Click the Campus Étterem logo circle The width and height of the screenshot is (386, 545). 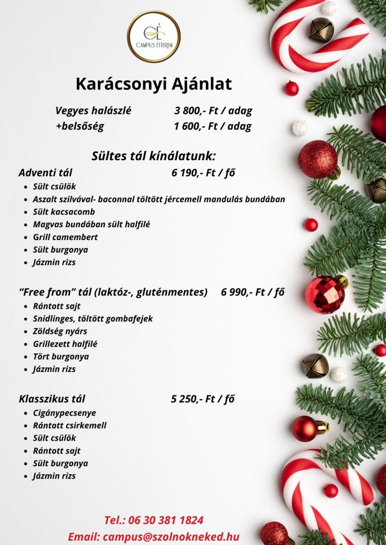[x=154, y=36]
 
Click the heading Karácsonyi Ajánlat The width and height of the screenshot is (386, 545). [x=154, y=84]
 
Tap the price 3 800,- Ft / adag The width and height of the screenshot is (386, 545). [x=213, y=111]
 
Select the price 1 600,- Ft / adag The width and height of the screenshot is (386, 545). [x=212, y=127]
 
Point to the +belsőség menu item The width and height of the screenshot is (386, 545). [x=80, y=127]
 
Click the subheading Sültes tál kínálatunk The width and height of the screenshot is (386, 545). [x=154, y=156]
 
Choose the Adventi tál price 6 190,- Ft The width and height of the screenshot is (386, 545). [x=203, y=172]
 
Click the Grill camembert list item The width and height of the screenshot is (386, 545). [x=65, y=237]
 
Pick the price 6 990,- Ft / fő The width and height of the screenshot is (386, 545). [x=252, y=292]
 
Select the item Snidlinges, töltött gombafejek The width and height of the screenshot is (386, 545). [x=93, y=319]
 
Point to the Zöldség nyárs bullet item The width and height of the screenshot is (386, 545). [x=60, y=332]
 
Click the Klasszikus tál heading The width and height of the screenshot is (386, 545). [x=52, y=399]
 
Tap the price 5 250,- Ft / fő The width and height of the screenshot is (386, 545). [x=203, y=399]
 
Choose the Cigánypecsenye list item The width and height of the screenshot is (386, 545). [x=65, y=413]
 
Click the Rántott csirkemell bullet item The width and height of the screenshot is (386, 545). [x=70, y=426]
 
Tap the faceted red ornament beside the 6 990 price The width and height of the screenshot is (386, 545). [x=325, y=293]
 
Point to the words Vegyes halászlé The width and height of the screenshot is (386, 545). [x=93, y=111]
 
